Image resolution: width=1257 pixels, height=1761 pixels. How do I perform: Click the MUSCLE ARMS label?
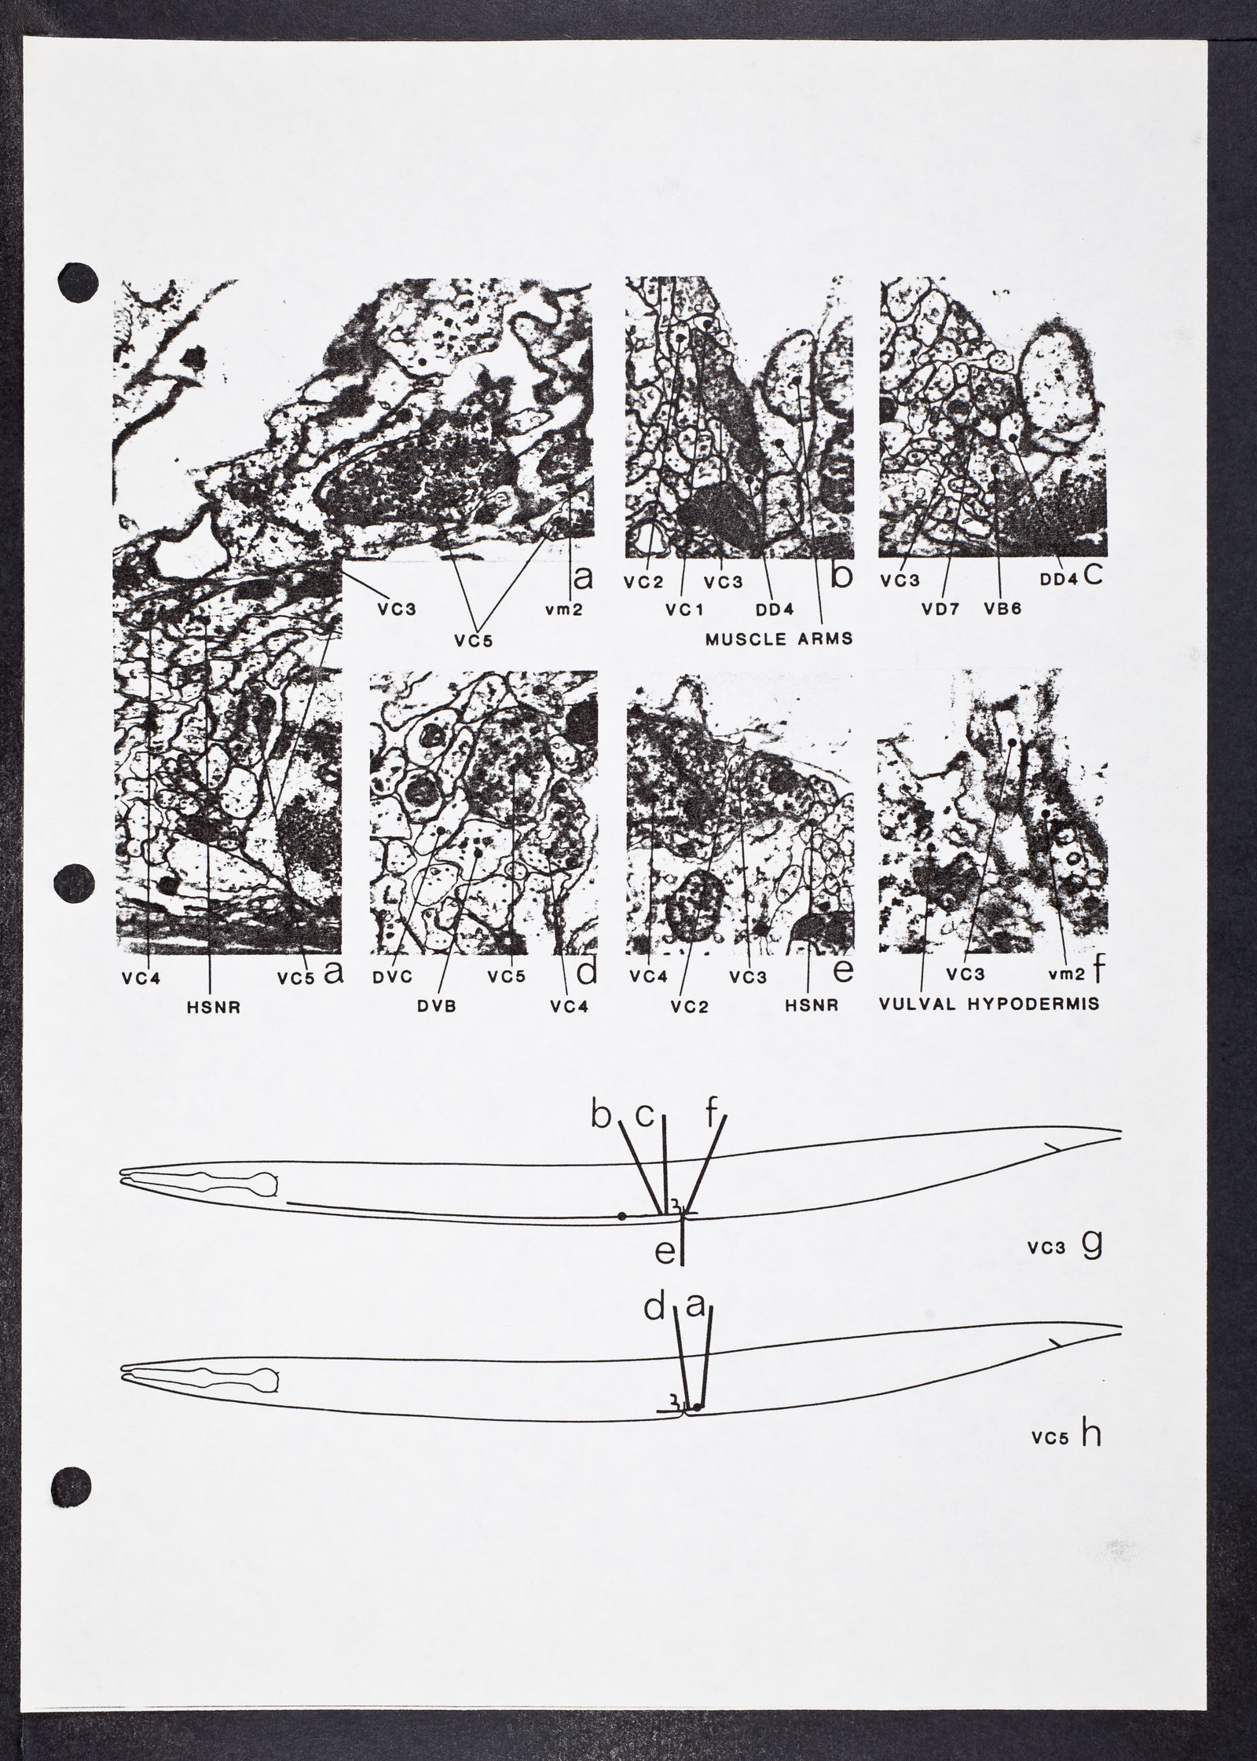click(779, 639)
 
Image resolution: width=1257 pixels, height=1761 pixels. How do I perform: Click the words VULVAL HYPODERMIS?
click(988, 1004)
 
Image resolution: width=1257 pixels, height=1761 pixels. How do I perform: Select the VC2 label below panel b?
click(643, 583)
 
